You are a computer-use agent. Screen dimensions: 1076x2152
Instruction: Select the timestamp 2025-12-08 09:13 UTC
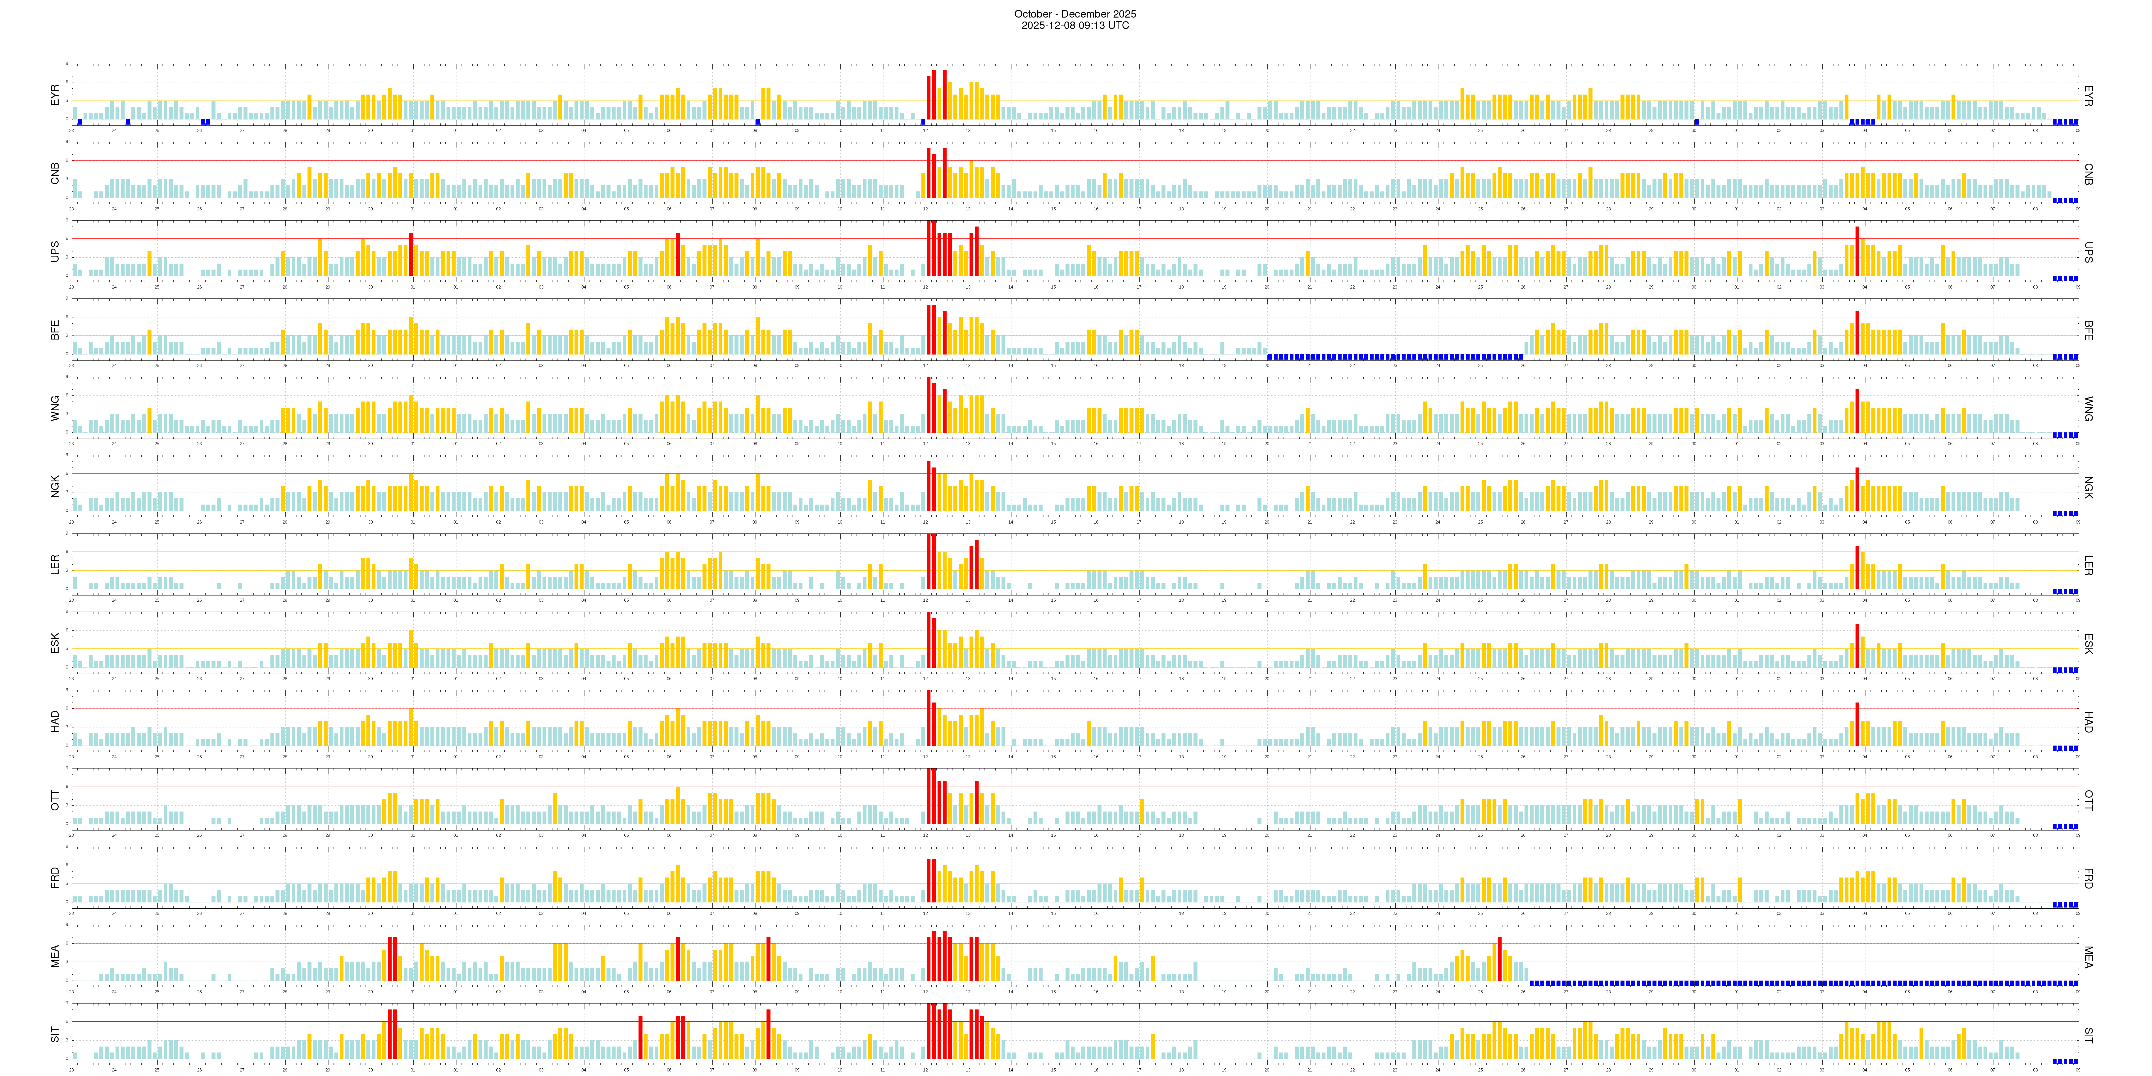pos(1075,25)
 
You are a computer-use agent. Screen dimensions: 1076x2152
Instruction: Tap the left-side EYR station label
pos(55,94)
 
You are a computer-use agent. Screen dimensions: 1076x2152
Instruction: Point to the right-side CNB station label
pos(2088,174)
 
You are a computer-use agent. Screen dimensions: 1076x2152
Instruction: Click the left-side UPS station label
pos(55,251)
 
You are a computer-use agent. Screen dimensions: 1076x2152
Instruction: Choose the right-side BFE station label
pos(2088,330)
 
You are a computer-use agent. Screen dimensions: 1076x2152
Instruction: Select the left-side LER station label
pos(55,565)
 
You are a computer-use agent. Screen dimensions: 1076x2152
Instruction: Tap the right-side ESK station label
pos(2088,643)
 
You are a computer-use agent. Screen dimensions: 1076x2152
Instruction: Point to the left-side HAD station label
pos(55,721)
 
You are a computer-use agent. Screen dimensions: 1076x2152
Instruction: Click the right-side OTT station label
pos(2088,799)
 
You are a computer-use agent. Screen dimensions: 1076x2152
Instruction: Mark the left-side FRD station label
pos(55,877)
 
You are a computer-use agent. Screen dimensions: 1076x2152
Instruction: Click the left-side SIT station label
pos(55,1034)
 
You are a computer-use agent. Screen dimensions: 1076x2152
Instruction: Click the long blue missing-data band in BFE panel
pos(1395,357)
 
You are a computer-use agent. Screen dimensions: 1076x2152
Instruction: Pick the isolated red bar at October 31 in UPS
pos(411,254)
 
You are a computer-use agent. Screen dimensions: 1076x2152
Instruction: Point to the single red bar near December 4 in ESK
pos(1857,645)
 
